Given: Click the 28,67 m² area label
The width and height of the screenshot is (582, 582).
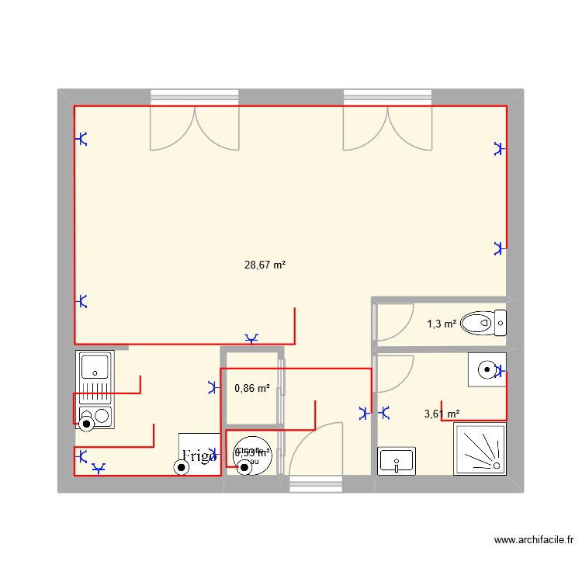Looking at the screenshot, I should tap(265, 265).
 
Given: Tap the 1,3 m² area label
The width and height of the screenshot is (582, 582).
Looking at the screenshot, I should tap(442, 324).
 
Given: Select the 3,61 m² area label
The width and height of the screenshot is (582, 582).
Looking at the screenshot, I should tap(442, 414).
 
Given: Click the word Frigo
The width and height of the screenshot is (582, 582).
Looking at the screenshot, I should tap(199, 456).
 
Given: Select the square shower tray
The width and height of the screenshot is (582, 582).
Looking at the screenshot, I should tap(480, 449).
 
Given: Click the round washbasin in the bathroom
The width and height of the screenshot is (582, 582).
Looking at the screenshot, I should tap(486, 370).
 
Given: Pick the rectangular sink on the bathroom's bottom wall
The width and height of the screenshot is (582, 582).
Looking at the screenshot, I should tap(397, 461).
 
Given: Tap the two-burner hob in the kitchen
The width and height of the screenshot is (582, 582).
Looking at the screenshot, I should tap(95, 417).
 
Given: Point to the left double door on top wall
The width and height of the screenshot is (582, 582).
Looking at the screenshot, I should tap(194, 128).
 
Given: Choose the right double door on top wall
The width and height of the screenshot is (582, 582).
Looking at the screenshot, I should tap(387, 128).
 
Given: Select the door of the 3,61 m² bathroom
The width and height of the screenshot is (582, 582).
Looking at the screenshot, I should tap(393, 374).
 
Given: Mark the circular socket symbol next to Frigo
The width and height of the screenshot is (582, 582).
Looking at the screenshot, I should tap(182, 467).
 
